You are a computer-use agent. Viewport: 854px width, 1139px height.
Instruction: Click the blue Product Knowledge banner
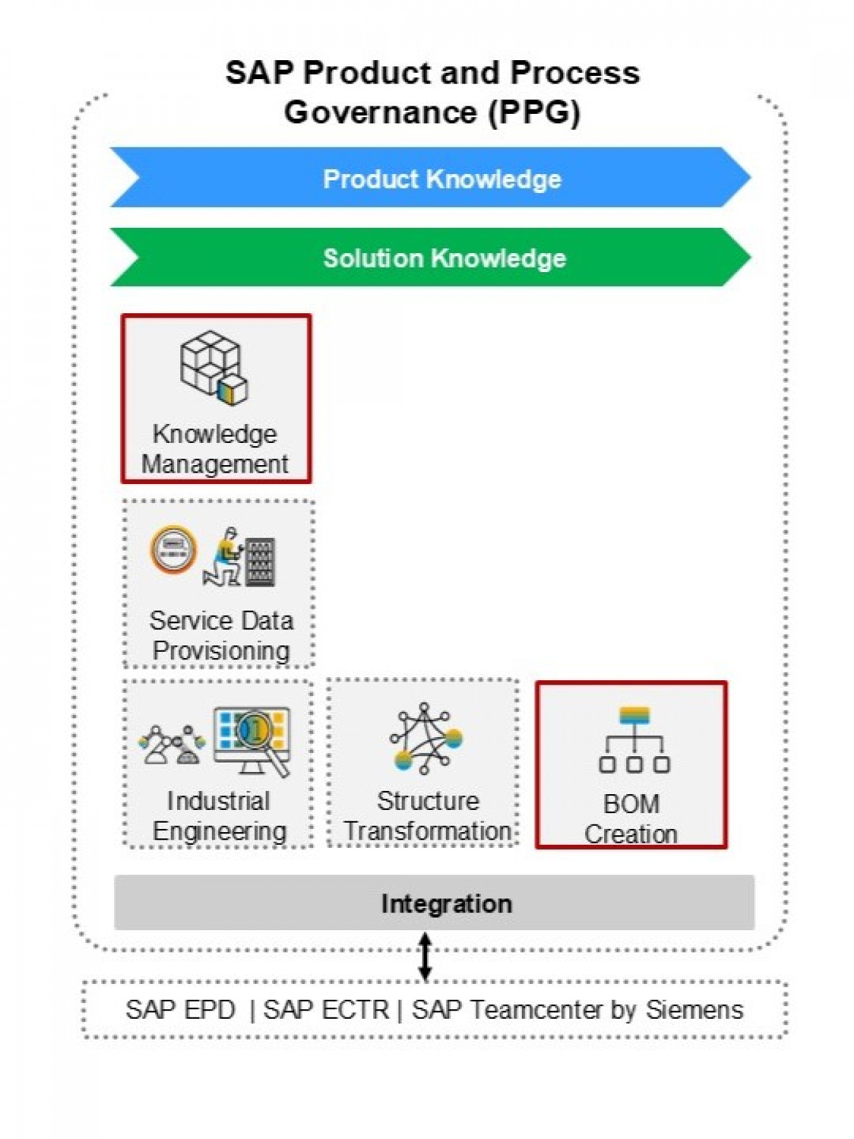click(430, 178)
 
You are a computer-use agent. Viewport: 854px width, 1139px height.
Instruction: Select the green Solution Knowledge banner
click(430, 258)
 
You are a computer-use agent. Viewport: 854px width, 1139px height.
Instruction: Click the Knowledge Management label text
click(215, 449)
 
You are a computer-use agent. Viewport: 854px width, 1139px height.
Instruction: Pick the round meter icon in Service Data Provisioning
click(173, 549)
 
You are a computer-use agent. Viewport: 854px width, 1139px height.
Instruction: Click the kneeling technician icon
click(223, 557)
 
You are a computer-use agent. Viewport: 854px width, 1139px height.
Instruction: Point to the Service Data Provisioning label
click(221, 635)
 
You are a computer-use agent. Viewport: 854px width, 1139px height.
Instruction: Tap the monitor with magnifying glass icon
click(253, 739)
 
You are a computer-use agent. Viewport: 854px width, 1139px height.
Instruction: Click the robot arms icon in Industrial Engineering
click(171, 745)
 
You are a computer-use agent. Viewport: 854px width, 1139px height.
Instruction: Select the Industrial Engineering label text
click(219, 816)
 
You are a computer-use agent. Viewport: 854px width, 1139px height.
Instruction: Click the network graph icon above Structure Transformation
click(426, 738)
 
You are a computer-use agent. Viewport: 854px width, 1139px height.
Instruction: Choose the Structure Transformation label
click(427, 816)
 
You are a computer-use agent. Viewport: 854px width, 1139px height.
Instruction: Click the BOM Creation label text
click(631, 818)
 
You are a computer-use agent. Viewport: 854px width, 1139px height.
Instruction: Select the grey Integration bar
click(434, 903)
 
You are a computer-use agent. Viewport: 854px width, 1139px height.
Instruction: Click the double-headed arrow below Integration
click(425, 955)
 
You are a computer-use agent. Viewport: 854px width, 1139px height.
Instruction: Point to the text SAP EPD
click(180, 1009)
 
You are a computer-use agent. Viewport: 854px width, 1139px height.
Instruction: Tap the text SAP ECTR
click(326, 1009)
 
